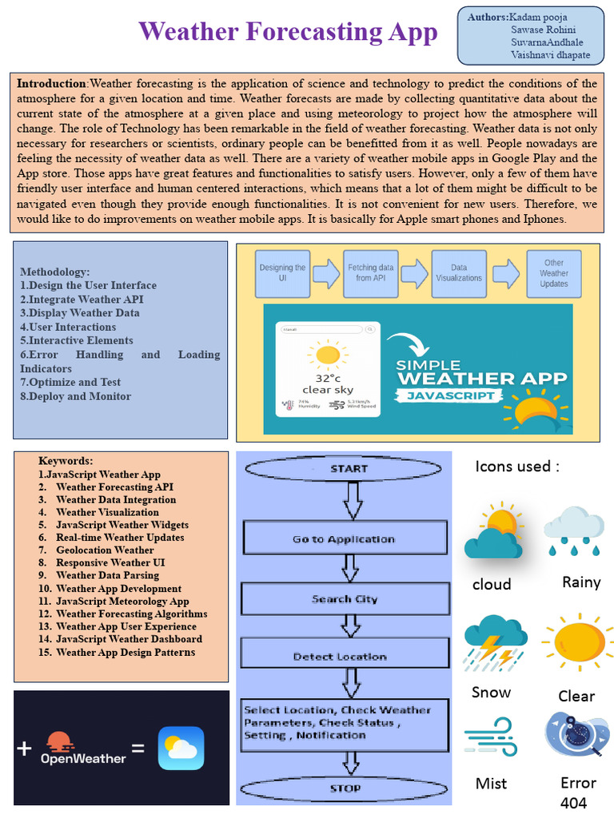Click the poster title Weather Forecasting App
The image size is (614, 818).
[x=288, y=32]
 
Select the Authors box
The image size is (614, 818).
[x=530, y=36]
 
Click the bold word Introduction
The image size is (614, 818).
[x=52, y=84]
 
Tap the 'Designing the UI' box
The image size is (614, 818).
[x=282, y=273]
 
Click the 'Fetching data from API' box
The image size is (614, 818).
[x=370, y=273]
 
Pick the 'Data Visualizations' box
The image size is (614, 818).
[x=459, y=273]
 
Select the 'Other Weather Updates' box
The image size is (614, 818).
[x=553, y=273]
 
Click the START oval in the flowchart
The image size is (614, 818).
[x=349, y=469]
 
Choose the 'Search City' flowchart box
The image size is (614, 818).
[x=345, y=599]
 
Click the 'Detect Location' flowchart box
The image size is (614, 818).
[x=340, y=657]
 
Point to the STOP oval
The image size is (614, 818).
[x=345, y=788]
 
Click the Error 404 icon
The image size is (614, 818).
[x=576, y=736]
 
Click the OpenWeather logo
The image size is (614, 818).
[x=83, y=749]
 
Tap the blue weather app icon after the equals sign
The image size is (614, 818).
[x=181, y=749]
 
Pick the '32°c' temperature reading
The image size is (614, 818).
[x=327, y=378]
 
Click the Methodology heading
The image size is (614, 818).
[x=54, y=272]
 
